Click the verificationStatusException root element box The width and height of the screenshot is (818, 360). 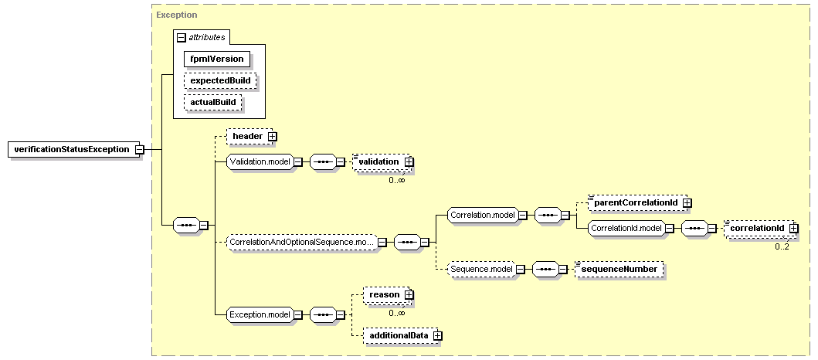click(74, 150)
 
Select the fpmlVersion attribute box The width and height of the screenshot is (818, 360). click(216, 59)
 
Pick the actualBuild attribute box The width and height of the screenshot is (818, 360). click(213, 102)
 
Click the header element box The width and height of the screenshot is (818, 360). click(249, 136)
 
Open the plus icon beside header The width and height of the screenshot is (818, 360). click(272, 136)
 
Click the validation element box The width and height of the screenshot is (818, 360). click(382, 161)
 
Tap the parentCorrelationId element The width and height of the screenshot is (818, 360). click(637, 202)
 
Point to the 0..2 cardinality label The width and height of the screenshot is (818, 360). click(782, 246)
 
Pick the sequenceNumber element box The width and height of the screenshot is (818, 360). click(619, 269)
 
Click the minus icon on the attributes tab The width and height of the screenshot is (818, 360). click(181, 38)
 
